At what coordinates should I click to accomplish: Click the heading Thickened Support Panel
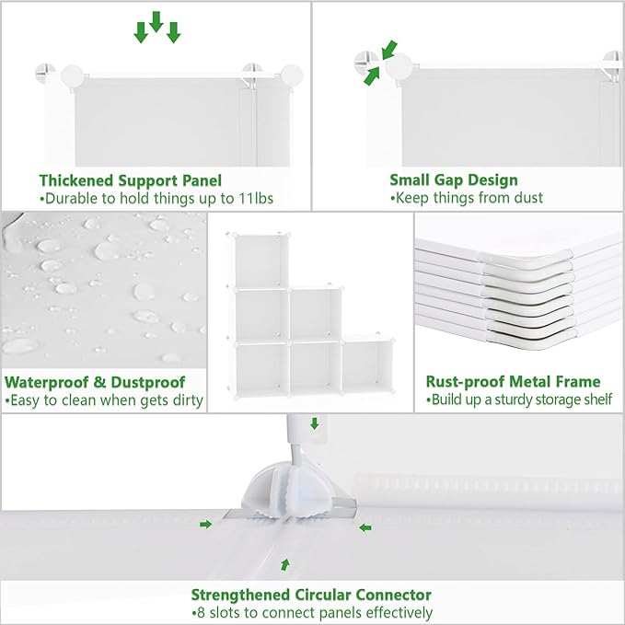tap(130, 180)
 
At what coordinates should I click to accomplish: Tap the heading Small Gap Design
tap(453, 180)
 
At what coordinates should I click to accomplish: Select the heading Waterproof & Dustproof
tap(95, 381)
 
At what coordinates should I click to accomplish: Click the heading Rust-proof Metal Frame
tap(513, 381)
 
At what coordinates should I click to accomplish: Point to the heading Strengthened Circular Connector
tap(311, 595)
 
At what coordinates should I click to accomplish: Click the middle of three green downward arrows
tap(156, 22)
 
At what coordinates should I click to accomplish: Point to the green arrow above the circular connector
tap(315, 424)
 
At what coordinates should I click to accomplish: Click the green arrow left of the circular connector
tap(206, 524)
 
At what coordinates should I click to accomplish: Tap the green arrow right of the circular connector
tap(365, 527)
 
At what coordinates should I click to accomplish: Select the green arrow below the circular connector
tap(285, 563)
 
